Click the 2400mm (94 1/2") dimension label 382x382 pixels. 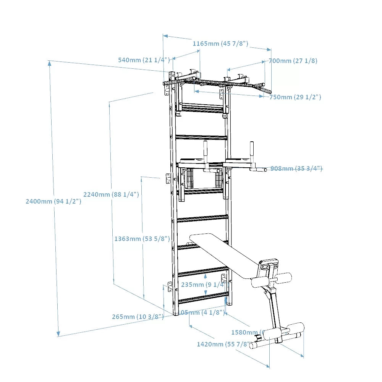click(x=53, y=201)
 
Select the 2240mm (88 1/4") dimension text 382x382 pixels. click(x=111, y=194)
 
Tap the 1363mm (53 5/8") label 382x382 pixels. click(x=142, y=239)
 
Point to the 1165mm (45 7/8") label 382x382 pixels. click(x=220, y=44)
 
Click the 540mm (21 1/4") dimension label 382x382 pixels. click(x=144, y=60)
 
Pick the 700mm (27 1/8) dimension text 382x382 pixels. click(x=293, y=61)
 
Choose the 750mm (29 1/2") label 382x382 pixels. click(x=295, y=97)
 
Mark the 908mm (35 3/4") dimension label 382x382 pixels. click(x=296, y=168)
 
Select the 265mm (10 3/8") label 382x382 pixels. click(x=138, y=317)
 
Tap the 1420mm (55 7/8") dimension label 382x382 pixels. click(x=224, y=344)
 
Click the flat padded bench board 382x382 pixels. click(x=225, y=254)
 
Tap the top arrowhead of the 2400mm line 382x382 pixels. click(x=49, y=63)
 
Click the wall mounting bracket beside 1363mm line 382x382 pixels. click(x=168, y=178)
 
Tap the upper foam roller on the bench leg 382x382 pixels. click(x=271, y=281)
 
